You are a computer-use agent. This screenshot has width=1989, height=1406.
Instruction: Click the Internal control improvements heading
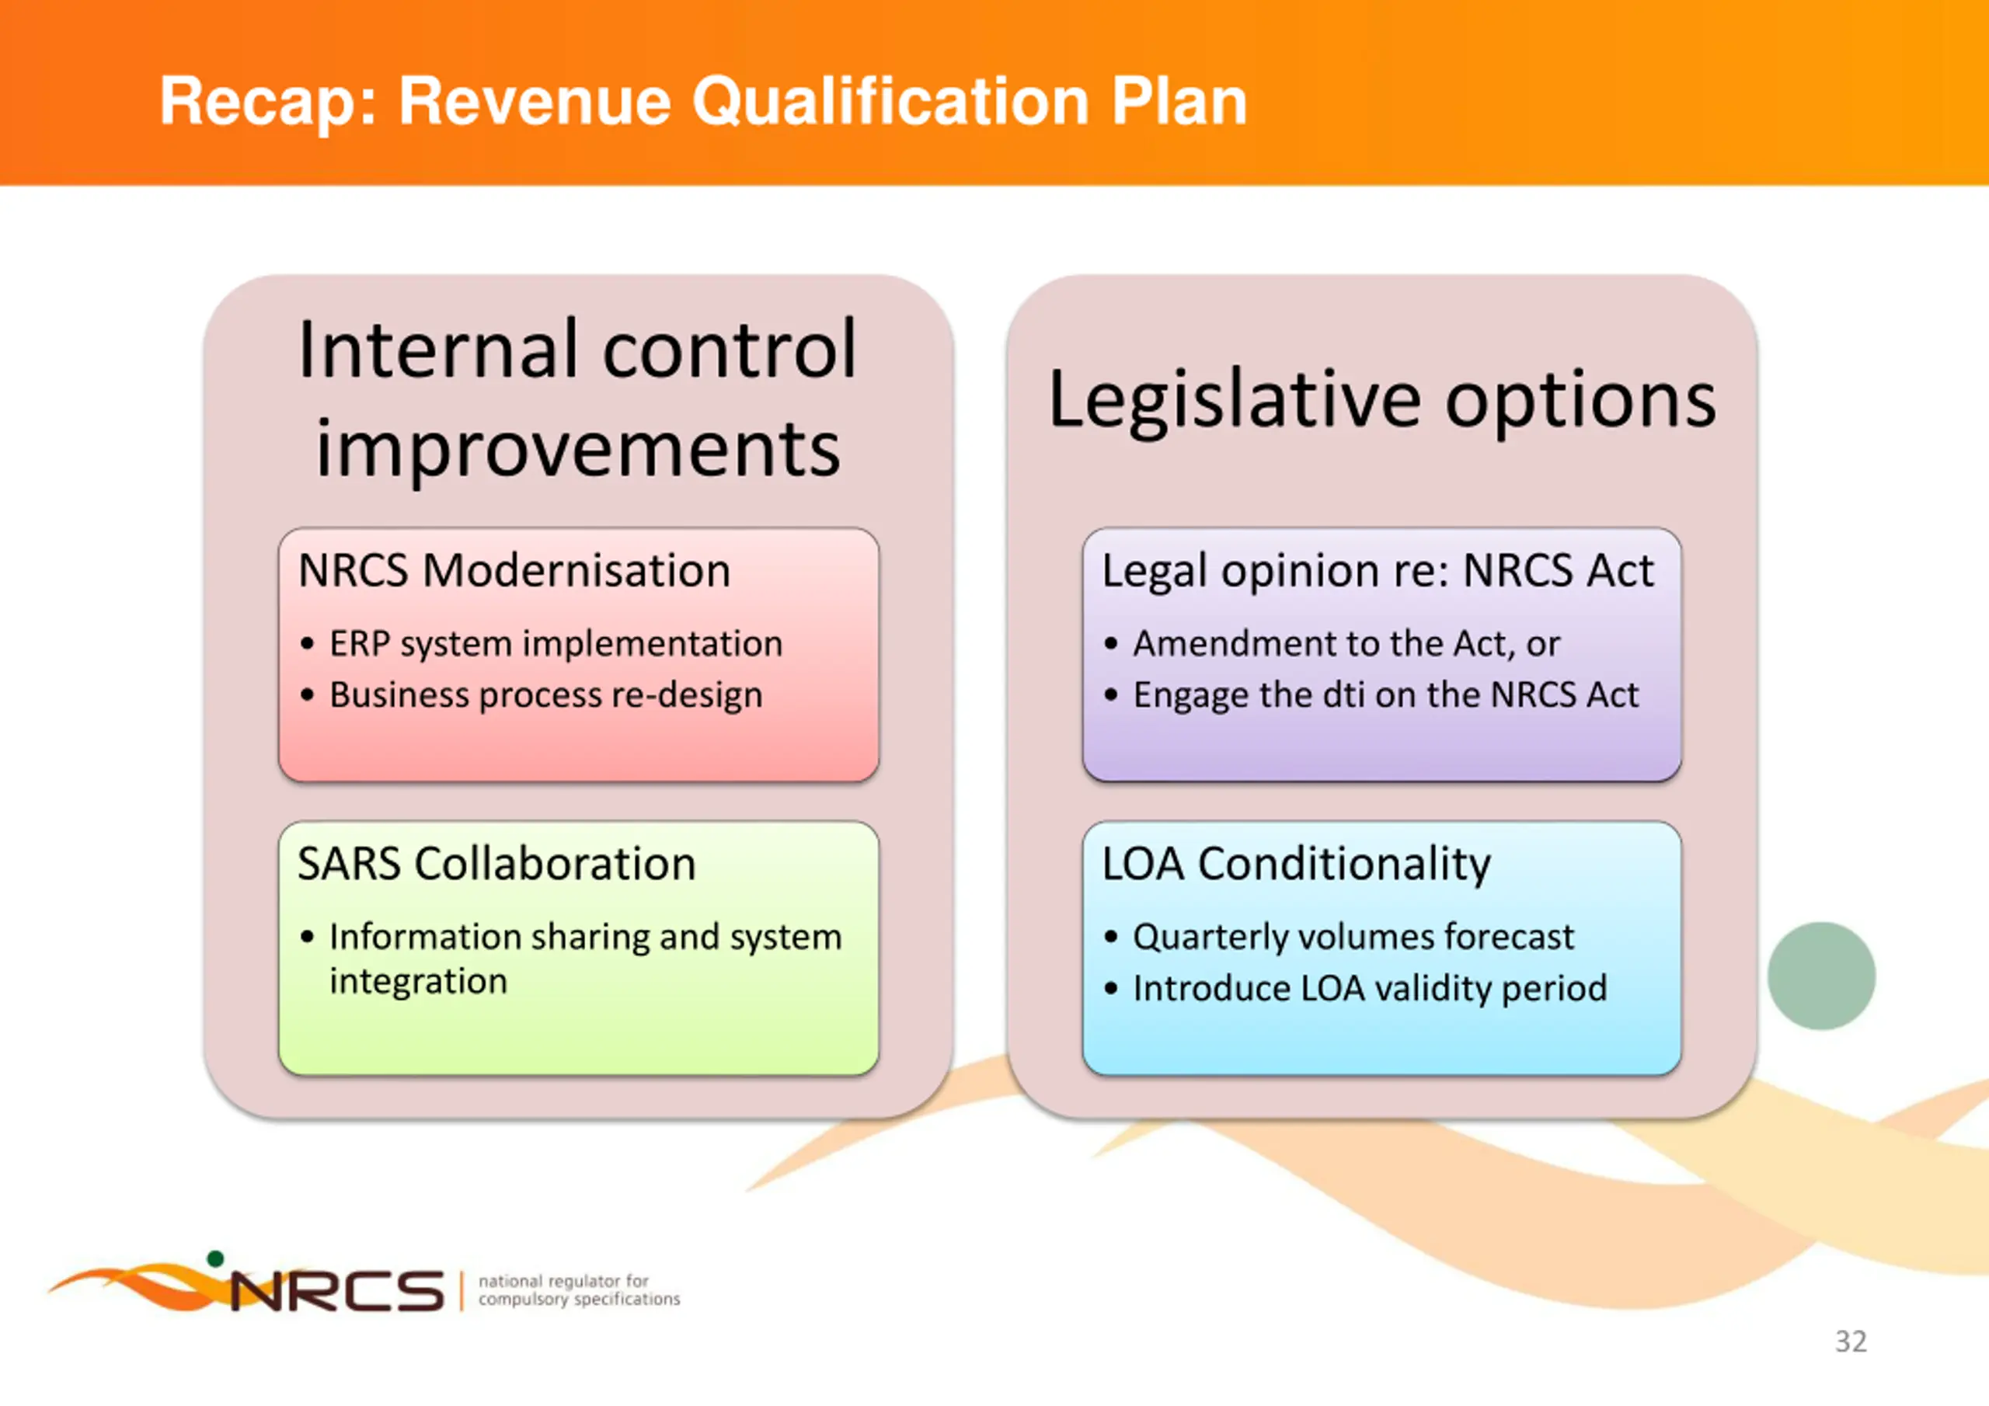pyautogui.click(x=578, y=398)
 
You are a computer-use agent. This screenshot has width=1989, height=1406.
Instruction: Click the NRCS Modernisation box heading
pyautogui.click(x=514, y=571)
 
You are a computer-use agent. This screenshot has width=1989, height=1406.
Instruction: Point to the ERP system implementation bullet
pyautogui.click(x=556, y=645)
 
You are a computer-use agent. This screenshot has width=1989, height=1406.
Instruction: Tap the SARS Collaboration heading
pyautogui.click(x=496, y=864)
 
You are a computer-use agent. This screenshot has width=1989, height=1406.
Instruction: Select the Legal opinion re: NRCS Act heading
pyautogui.click(x=1378, y=572)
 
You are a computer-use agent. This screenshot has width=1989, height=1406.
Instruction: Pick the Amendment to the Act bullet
pyautogui.click(x=1346, y=645)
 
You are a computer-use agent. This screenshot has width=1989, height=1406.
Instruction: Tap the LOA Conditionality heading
pyautogui.click(x=1296, y=865)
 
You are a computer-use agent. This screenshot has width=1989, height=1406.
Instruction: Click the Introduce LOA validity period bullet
pyautogui.click(x=1370, y=988)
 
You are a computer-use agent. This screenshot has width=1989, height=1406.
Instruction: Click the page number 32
pyautogui.click(x=1851, y=1342)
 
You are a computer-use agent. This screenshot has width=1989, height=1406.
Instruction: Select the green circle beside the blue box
pyautogui.click(x=1821, y=976)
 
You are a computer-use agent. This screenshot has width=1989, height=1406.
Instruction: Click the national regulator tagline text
pyautogui.click(x=579, y=1290)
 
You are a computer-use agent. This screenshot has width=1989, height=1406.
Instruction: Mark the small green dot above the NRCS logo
pyautogui.click(x=216, y=1258)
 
